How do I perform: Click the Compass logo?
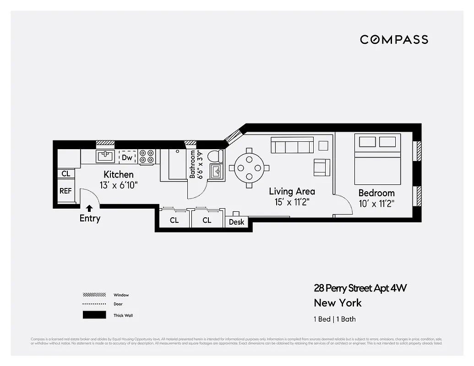pos(394,39)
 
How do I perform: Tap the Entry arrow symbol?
pos(89,209)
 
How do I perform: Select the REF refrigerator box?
pos(65,191)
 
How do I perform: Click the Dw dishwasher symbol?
pos(127,157)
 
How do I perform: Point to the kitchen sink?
pos(105,156)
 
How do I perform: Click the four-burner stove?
pos(147,156)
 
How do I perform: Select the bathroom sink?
pos(216,172)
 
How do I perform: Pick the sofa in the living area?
pos(292,145)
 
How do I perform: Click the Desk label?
pos(236,222)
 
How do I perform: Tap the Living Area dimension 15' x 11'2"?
pos(292,202)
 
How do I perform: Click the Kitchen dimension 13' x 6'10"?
pos(119,185)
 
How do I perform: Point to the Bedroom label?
pos(376,193)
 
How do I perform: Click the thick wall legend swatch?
pos(94,315)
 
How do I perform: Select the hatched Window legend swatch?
pos(94,295)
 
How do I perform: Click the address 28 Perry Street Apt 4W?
pos(360,288)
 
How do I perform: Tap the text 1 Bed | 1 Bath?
pos(334,319)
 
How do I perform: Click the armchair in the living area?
pos(322,167)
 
